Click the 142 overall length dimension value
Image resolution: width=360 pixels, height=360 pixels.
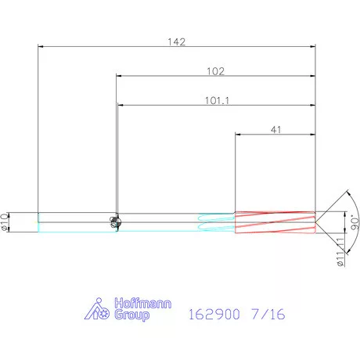pyautogui.click(x=177, y=41)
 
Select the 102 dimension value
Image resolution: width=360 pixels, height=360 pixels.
pyautogui.click(x=215, y=71)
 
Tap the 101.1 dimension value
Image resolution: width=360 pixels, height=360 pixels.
pyautogui.click(x=217, y=100)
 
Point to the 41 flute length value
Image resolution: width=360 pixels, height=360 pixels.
pyautogui.click(x=276, y=130)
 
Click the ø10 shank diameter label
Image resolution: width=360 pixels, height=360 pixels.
pyautogui.click(x=5, y=221)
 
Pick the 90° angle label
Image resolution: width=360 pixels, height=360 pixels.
pyautogui.click(x=355, y=222)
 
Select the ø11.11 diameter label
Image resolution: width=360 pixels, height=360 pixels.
pyautogui.click(x=340, y=251)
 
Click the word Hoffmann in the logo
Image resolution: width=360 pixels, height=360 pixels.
pyautogui.click(x=143, y=304)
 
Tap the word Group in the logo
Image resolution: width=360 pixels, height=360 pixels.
pyautogui.click(x=132, y=315)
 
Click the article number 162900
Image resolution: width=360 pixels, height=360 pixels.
pyautogui.click(x=214, y=314)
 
